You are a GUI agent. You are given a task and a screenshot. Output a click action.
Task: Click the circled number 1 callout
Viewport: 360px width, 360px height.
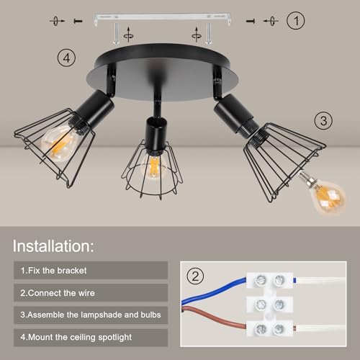click(296, 21)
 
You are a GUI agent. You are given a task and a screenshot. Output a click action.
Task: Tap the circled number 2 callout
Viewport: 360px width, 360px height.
click(195, 276)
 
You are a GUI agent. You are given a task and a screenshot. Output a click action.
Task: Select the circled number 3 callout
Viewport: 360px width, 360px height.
click(323, 120)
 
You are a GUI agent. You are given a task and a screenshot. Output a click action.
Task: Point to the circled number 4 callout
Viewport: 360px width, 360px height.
click(66, 58)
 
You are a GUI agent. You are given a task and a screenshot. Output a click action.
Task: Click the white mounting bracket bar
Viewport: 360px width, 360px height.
click(162, 17)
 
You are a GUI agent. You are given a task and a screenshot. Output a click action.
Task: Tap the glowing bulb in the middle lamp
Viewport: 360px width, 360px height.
click(154, 167)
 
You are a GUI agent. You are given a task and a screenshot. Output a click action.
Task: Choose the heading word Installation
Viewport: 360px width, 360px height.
click(53, 246)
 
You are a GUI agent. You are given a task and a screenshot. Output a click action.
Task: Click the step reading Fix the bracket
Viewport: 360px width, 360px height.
click(53, 271)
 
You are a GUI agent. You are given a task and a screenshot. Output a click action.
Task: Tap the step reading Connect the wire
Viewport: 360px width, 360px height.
click(58, 293)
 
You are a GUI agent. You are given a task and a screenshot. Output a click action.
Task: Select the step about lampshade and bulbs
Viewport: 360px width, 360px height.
click(91, 315)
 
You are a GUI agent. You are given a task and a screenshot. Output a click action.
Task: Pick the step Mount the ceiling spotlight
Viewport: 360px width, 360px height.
click(76, 337)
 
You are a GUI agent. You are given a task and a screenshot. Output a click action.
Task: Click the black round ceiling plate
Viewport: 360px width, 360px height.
click(163, 72)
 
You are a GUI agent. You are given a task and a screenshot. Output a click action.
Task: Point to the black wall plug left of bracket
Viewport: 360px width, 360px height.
click(78, 21)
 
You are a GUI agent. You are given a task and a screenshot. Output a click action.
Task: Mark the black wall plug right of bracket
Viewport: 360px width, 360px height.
click(251, 22)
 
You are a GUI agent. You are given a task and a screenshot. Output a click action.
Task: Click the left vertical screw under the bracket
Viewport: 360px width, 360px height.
click(116, 33)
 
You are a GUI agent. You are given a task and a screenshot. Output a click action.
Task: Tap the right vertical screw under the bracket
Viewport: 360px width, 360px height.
click(208, 33)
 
